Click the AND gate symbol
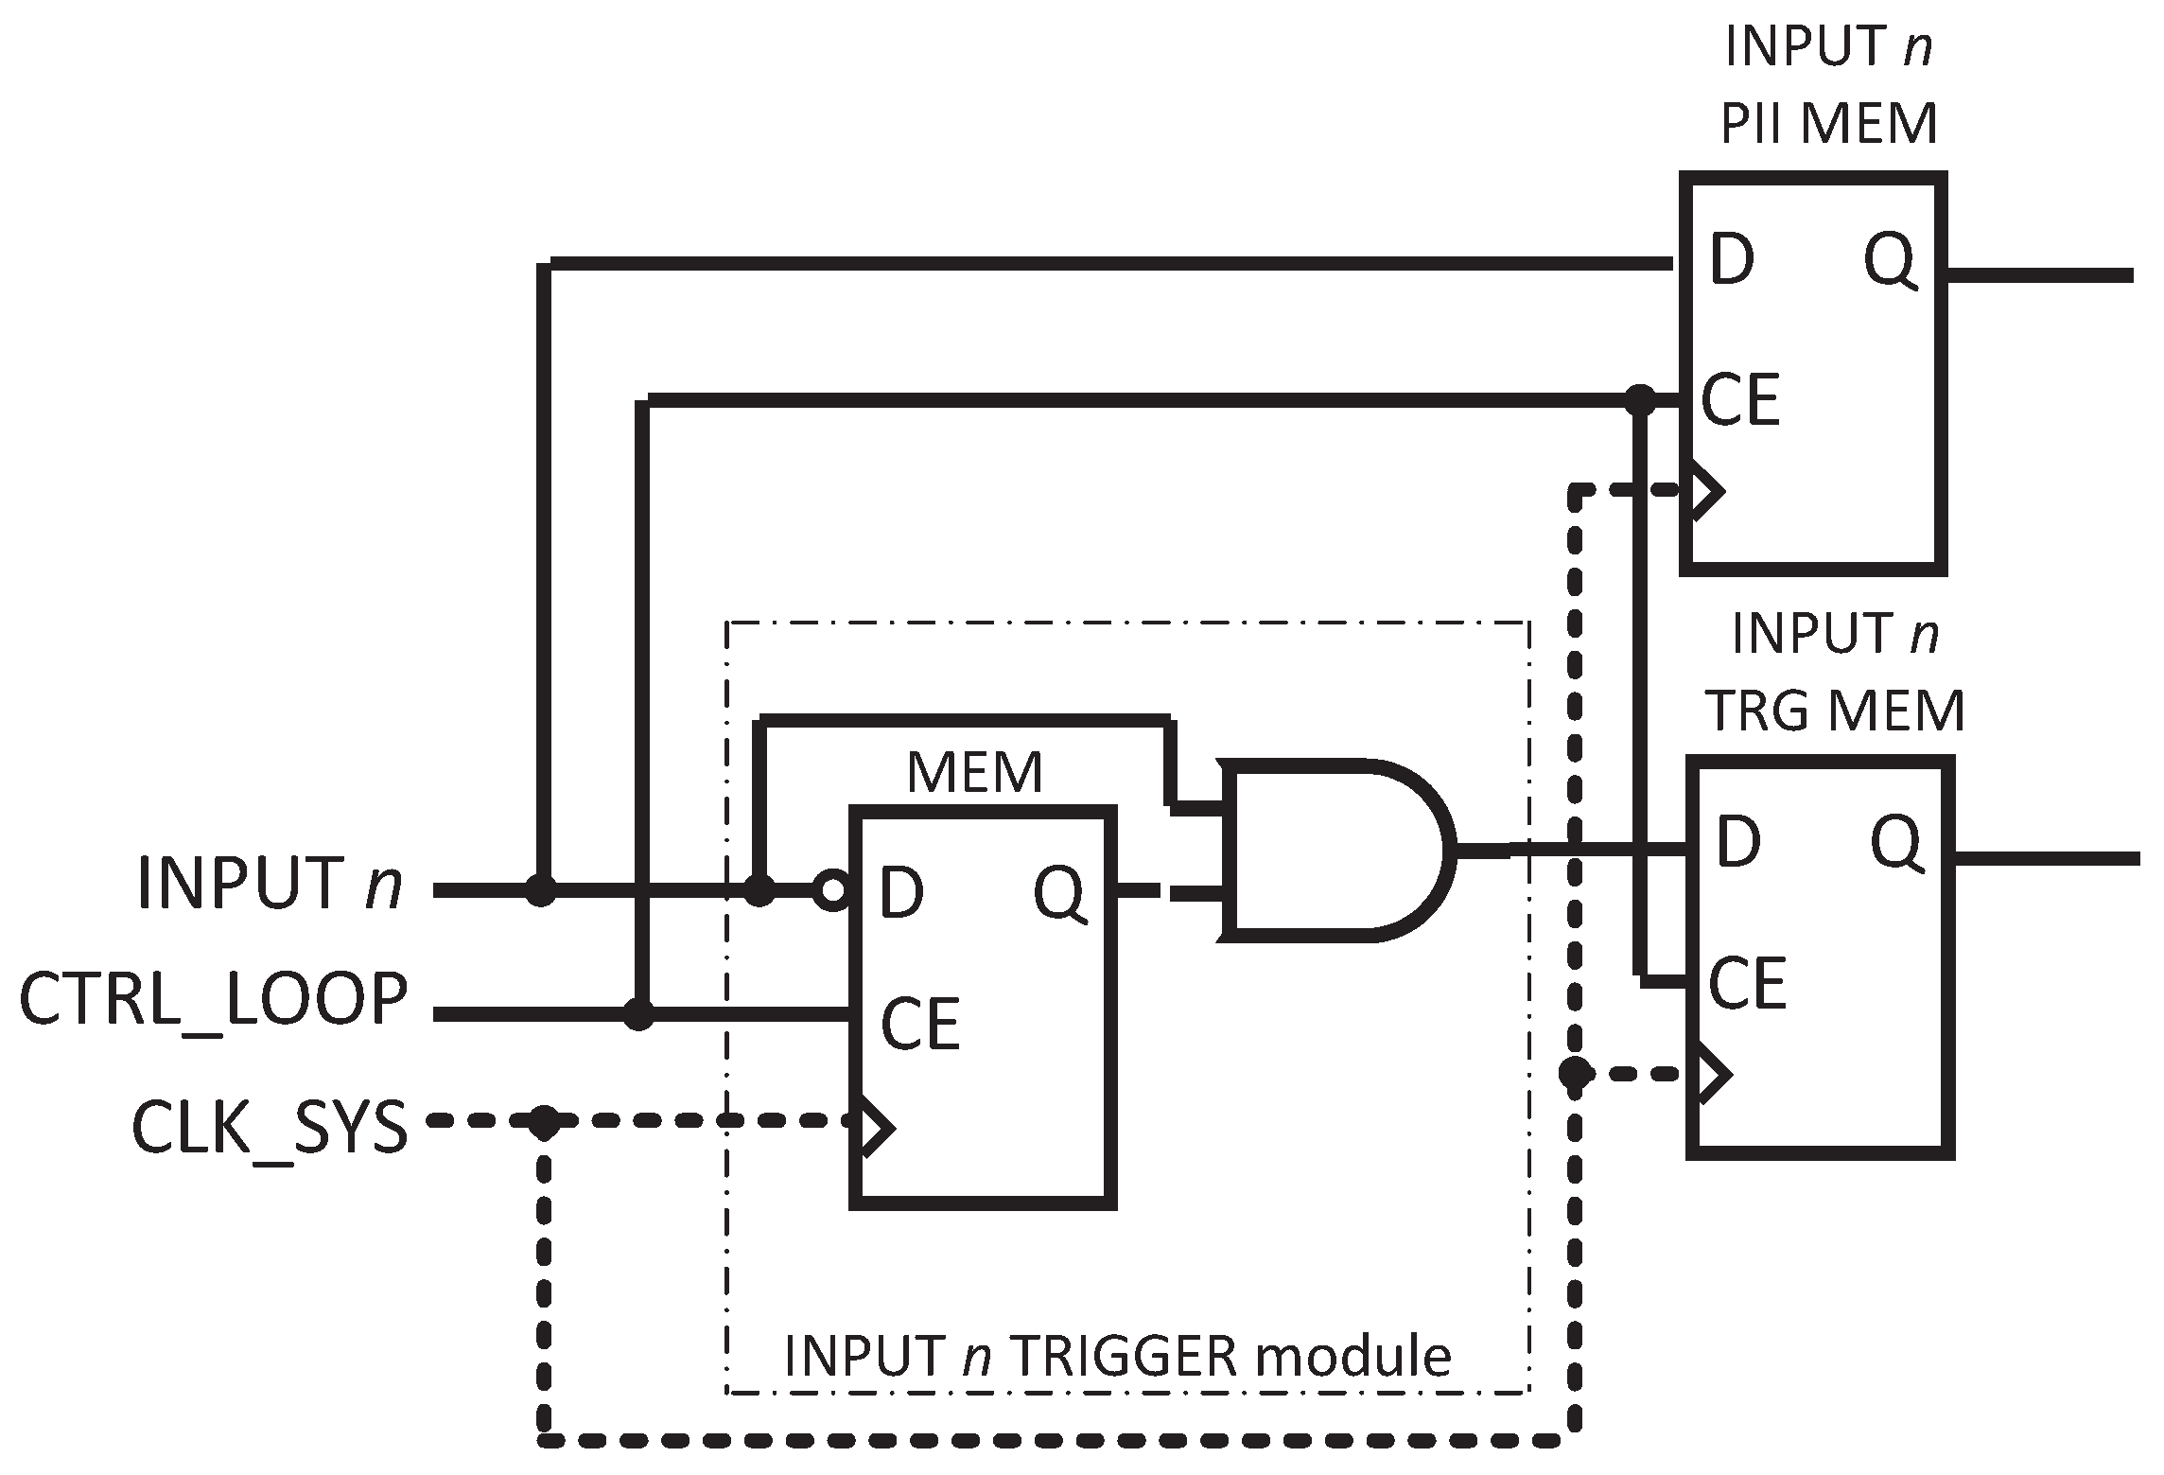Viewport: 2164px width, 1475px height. point(1334,850)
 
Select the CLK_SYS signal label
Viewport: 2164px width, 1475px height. point(270,1129)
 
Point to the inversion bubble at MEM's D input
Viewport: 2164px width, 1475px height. point(831,890)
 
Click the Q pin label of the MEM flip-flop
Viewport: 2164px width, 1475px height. point(1059,892)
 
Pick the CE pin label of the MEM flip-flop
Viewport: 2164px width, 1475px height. point(919,1024)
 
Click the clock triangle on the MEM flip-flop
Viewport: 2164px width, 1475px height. point(873,1127)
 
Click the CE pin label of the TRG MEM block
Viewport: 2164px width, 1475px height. point(1746,984)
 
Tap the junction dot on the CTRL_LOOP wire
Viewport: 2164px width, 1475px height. point(639,1014)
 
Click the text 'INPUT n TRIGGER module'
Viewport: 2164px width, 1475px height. point(1117,1356)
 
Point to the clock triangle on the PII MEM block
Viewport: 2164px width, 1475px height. point(1706,491)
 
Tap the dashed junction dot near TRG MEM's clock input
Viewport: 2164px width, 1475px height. point(1575,1073)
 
